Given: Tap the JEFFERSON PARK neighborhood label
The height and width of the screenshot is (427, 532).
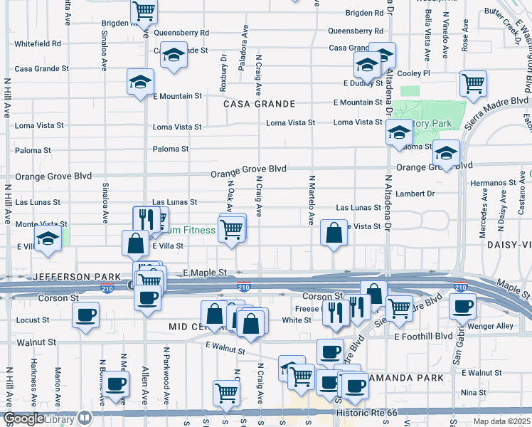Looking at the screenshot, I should coord(52,276).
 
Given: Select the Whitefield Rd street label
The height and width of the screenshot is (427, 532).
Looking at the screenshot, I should coord(37,43).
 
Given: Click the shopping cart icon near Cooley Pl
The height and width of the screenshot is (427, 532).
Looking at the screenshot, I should coord(473,84).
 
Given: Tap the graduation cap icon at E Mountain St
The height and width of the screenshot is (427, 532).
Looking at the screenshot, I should coord(140,82).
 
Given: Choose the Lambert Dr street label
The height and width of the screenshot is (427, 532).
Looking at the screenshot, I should coord(416,193).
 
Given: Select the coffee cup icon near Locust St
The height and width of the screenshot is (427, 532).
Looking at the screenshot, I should coord(86,314).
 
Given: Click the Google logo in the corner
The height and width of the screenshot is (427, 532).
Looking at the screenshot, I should coord(22,419).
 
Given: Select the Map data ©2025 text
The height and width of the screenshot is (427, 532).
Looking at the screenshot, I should coord(501,421).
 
